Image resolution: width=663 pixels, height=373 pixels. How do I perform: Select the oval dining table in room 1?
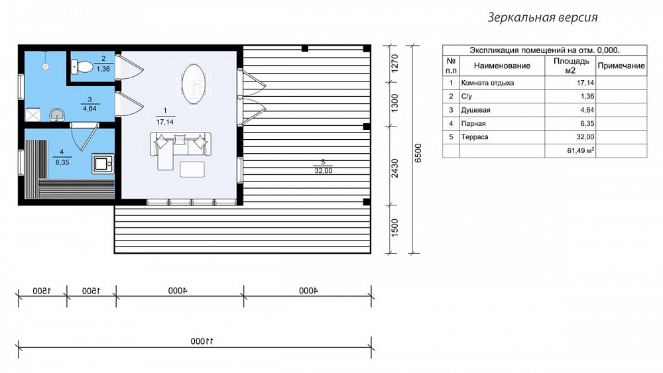(x=194, y=84)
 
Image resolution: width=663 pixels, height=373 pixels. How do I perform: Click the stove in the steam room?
(x=103, y=164)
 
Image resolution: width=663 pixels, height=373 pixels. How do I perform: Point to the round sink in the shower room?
(x=57, y=115)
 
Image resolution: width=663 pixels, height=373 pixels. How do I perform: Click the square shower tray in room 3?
(x=33, y=115)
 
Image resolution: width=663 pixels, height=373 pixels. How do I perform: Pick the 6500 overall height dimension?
(x=418, y=153)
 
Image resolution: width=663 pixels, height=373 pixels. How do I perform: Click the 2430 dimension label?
(x=394, y=168)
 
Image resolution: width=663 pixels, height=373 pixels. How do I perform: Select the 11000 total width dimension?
(x=202, y=341)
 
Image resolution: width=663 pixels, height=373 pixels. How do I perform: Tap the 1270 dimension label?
(x=394, y=64)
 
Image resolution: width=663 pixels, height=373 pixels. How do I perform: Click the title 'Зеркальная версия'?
(x=542, y=17)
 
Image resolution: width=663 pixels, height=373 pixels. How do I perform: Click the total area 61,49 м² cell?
(x=581, y=150)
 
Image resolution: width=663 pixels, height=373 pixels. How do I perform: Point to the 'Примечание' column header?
(x=621, y=66)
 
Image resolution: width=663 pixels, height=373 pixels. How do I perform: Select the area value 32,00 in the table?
(x=585, y=137)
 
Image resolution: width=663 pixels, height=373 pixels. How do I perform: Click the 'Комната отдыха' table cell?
(x=487, y=83)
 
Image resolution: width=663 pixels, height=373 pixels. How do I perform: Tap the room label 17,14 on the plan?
(x=165, y=122)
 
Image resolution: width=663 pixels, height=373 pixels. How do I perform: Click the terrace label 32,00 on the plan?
(x=324, y=171)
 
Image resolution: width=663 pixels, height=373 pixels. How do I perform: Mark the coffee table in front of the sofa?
(x=192, y=169)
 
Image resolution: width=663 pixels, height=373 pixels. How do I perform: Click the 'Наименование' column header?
(x=502, y=66)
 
